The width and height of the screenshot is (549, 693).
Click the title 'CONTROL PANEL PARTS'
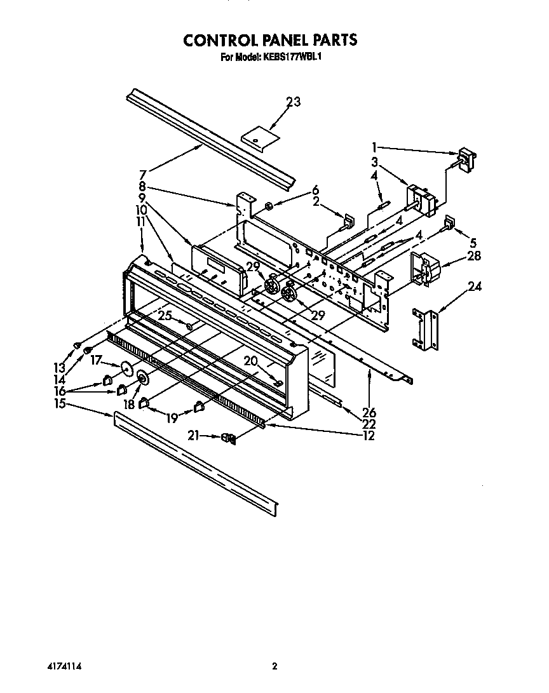(x=270, y=40)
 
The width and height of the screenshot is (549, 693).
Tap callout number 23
(x=293, y=102)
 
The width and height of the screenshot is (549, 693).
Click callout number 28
(x=473, y=256)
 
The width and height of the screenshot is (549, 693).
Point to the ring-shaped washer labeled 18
(x=141, y=379)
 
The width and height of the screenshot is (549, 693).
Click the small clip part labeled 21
(x=228, y=438)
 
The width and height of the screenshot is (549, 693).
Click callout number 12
(x=367, y=436)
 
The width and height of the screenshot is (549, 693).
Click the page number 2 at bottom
(x=274, y=666)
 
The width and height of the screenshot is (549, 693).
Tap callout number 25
(x=165, y=315)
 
